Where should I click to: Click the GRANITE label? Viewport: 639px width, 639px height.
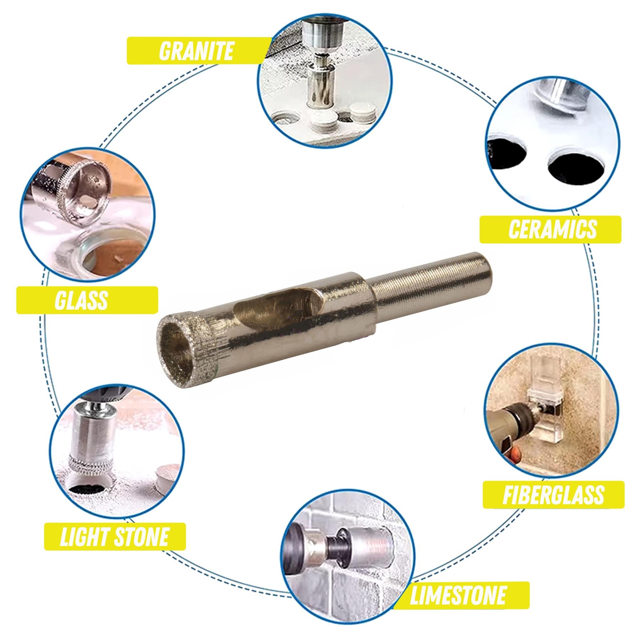tap(196, 51)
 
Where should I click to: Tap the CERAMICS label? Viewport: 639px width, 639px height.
tap(552, 230)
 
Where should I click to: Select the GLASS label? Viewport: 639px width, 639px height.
tap(82, 300)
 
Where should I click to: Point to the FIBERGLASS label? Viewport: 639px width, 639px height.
tap(553, 495)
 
